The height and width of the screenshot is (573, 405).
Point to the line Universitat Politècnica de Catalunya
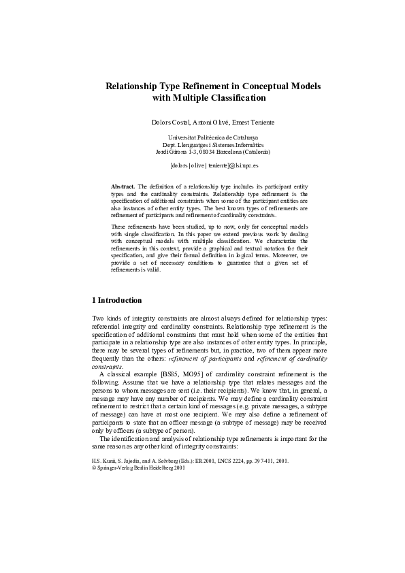pos(202,137)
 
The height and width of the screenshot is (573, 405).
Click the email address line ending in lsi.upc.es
pos(202,165)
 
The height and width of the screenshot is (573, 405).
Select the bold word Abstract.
pos(123,185)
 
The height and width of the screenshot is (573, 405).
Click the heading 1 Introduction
pos(116,300)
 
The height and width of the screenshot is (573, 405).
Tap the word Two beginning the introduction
pos(98,318)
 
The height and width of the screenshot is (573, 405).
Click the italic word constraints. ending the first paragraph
pos(107,367)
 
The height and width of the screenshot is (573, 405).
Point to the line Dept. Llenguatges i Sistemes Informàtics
pos(202,144)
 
